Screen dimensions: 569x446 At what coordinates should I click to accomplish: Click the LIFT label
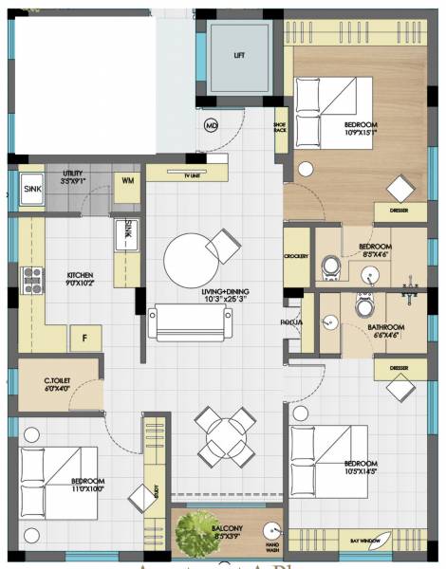(x=239, y=55)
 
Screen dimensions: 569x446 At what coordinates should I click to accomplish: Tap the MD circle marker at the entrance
(x=212, y=126)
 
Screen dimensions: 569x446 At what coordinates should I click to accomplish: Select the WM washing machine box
(x=127, y=181)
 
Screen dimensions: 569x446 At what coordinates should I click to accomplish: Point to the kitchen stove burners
(x=32, y=279)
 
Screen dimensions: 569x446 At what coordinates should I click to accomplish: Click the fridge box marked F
(x=84, y=338)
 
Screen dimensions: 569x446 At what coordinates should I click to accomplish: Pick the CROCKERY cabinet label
(x=296, y=257)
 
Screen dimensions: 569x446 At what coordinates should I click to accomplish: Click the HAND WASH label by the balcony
(x=273, y=546)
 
